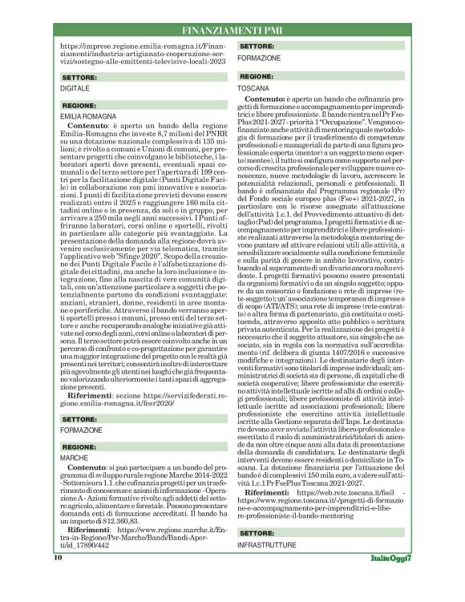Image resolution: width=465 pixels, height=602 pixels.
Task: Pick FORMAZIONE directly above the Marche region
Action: tap(79, 430)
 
